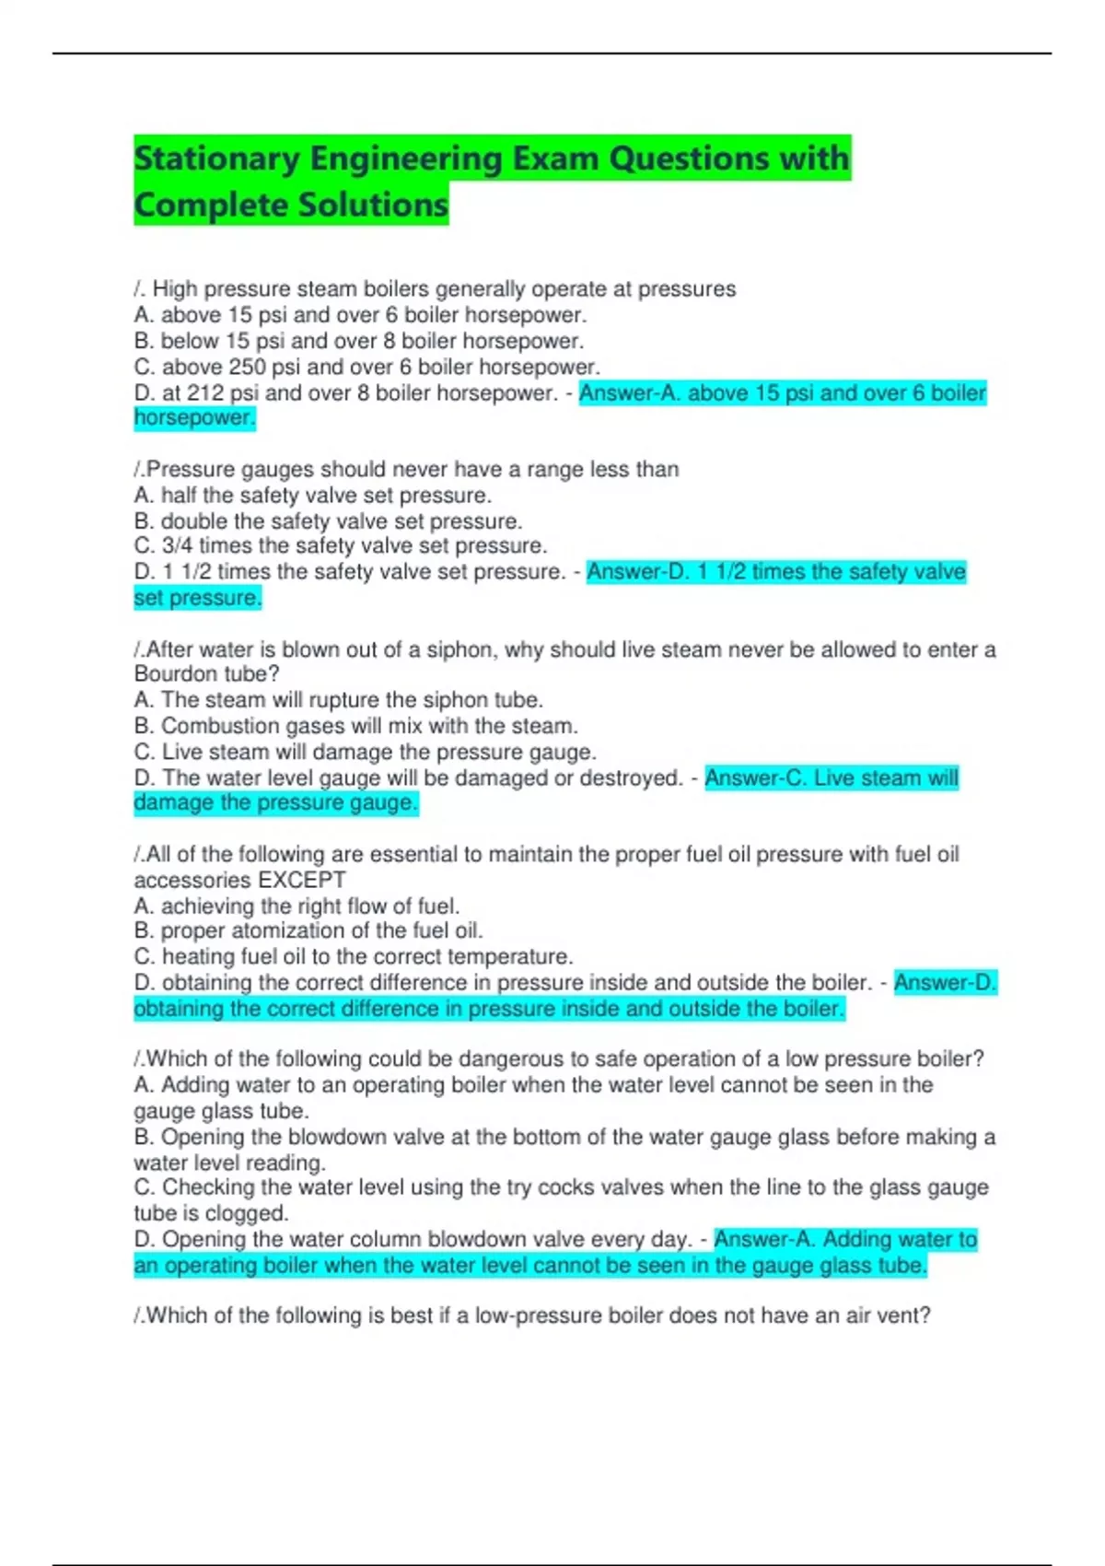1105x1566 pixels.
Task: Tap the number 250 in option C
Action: (x=247, y=367)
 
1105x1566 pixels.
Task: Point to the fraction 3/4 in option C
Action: (x=178, y=545)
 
